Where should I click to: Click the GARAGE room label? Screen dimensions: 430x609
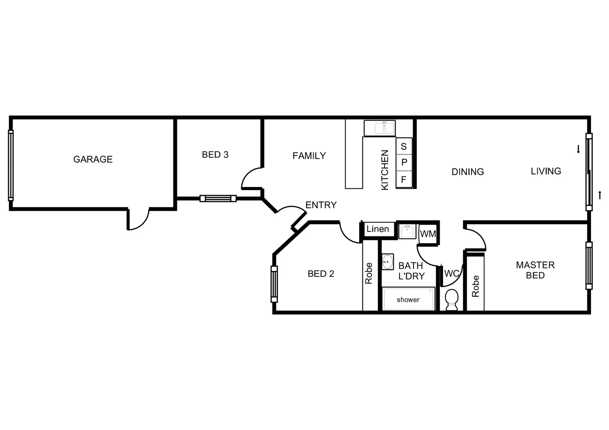pyautogui.click(x=93, y=159)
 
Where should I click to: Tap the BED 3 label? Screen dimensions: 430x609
pyautogui.click(x=215, y=154)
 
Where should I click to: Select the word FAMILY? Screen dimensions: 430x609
pyautogui.click(x=309, y=156)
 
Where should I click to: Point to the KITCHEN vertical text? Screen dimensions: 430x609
pyautogui.click(x=385, y=170)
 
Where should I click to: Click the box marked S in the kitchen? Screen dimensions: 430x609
pyautogui.click(x=404, y=146)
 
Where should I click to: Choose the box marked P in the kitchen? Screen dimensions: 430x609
pyautogui.click(x=404, y=162)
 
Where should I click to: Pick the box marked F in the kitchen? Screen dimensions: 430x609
pyautogui.click(x=404, y=179)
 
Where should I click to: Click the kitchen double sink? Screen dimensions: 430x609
pyautogui.click(x=379, y=128)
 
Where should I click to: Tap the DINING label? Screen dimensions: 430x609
pyautogui.click(x=468, y=172)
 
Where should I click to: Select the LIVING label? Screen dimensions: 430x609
pyautogui.click(x=546, y=171)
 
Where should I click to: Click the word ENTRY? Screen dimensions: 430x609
pyautogui.click(x=321, y=205)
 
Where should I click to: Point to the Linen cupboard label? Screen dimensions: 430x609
pyautogui.click(x=377, y=229)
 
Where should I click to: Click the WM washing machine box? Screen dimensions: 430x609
pyautogui.click(x=428, y=234)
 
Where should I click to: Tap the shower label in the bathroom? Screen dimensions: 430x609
pyautogui.click(x=408, y=299)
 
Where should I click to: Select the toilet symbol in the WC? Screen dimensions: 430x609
pyautogui.click(x=452, y=299)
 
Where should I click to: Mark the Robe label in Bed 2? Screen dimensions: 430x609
pyautogui.click(x=369, y=273)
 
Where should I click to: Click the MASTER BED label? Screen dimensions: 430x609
pyautogui.click(x=535, y=270)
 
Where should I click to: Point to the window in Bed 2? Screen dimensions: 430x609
pyautogui.click(x=274, y=284)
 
